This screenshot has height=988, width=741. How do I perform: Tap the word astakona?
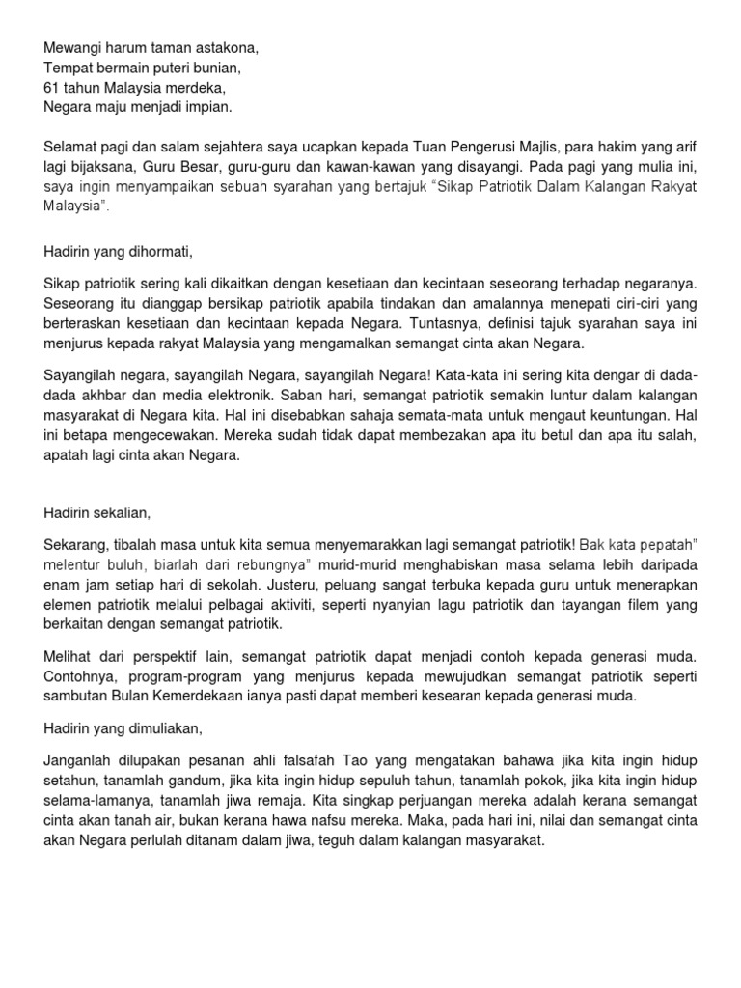[x=228, y=46]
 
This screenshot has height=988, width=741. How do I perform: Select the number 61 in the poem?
[x=52, y=87]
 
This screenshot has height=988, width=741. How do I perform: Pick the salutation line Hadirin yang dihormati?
[x=119, y=252]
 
